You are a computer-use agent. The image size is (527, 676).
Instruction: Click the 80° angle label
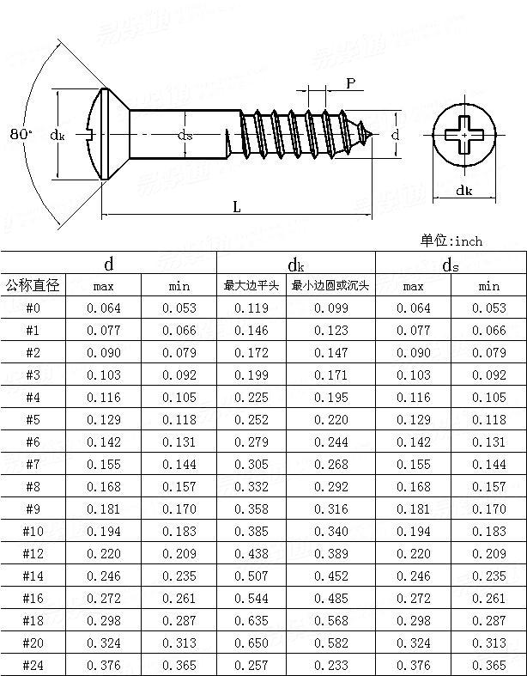[21, 134]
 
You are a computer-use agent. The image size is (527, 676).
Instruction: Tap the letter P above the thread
[351, 82]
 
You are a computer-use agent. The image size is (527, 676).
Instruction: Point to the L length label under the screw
[235, 206]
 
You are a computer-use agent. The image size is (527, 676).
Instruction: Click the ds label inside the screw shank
[185, 135]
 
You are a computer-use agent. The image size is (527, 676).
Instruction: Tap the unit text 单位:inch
[451, 241]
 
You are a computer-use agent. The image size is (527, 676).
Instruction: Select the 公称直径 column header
[33, 285]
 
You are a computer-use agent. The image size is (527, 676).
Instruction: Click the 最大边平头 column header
[251, 285]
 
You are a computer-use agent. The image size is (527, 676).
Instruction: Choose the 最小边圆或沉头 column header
[330, 285]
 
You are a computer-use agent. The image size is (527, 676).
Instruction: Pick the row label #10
[33, 531]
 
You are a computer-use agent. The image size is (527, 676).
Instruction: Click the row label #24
[33, 665]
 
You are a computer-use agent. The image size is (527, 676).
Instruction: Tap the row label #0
[33, 308]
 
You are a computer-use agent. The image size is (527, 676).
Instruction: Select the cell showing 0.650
[251, 643]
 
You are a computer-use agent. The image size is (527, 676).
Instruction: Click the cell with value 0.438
[251, 553]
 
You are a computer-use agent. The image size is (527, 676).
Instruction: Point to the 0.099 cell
[330, 308]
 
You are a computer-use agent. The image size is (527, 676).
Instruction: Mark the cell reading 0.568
[330, 620]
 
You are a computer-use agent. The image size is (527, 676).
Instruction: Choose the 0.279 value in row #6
[251, 442]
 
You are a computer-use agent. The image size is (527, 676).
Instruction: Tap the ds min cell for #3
[488, 375]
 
